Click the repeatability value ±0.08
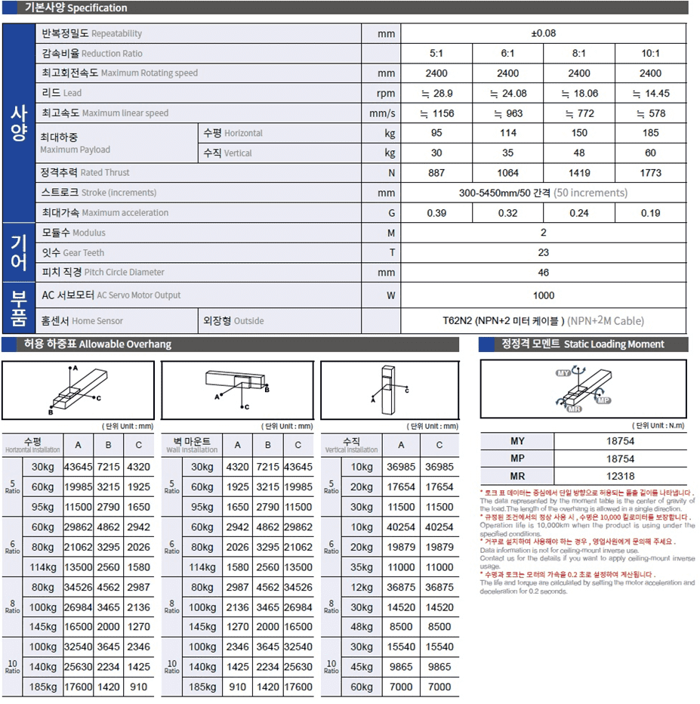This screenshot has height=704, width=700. pyautogui.click(x=543, y=33)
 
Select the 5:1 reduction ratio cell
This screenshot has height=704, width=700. pyautogui.click(x=436, y=54)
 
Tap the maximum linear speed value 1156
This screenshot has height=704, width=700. pyautogui.click(x=436, y=113)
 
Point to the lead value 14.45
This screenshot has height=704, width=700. pyautogui.click(x=650, y=94)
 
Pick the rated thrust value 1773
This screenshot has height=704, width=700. pyautogui.click(x=650, y=173)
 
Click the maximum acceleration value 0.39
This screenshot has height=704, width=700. pyautogui.click(x=436, y=213)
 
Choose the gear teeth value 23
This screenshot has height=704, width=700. pyautogui.click(x=543, y=253)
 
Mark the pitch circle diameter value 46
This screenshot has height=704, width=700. pyautogui.click(x=543, y=273)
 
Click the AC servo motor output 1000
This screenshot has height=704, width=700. pyautogui.click(x=543, y=295)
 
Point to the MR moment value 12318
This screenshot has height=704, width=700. pyautogui.click(x=619, y=477)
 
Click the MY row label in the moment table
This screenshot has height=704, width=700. pyautogui.click(x=517, y=441)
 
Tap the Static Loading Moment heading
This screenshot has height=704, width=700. pyautogui.click(x=582, y=344)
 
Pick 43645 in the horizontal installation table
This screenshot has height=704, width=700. pyautogui.click(x=78, y=468)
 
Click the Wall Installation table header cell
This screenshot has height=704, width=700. pyautogui.click(x=193, y=445)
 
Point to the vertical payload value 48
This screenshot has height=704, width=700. pyautogui.click(x=579, y=153)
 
